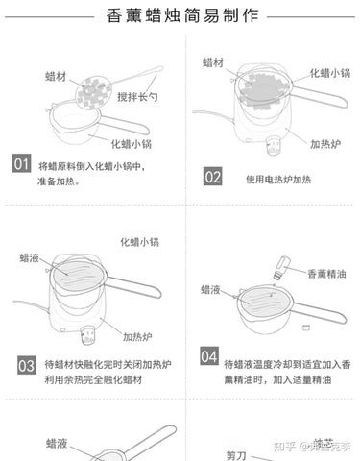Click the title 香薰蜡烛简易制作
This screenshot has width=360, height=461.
point(180,16)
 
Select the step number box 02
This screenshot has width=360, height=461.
point(212,177)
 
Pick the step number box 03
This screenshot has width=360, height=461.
point(27,365)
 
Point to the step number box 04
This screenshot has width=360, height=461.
point(208,356)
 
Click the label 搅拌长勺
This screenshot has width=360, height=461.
point(137,99)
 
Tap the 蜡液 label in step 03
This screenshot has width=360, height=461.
point(30,257)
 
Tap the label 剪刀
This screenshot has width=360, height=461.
point(236,454)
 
